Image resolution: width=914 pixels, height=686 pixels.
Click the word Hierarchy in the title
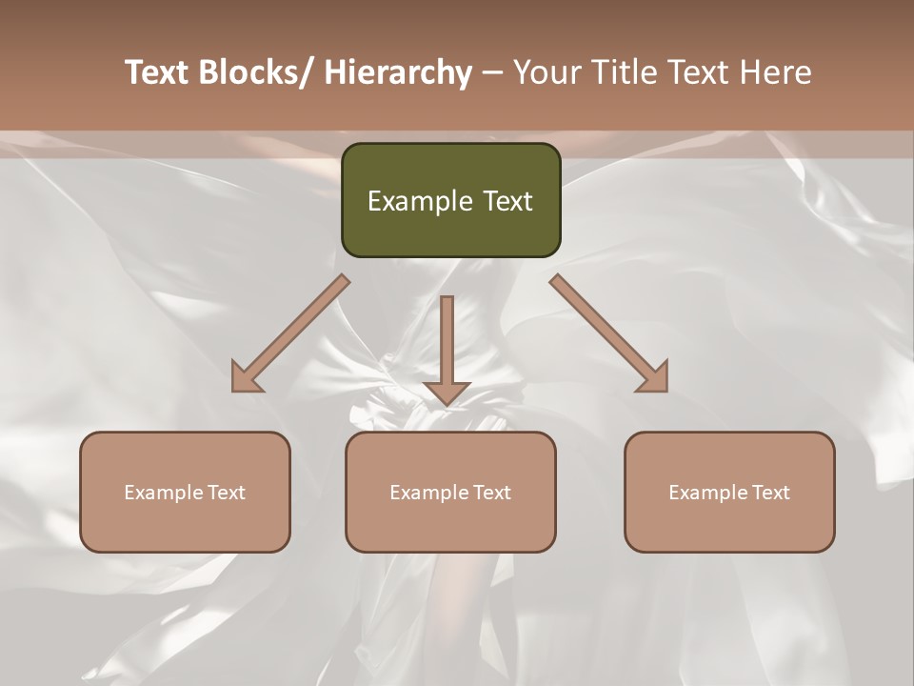(399, 72)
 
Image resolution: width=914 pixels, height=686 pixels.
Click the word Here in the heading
(774, 72)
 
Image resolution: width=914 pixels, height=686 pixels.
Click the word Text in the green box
(508, 201)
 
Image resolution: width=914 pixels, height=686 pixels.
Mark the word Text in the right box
(770, 493)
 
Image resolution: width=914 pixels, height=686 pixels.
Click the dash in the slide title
(492, 72)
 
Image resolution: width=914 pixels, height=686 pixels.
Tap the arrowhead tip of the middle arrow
(447, 404)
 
